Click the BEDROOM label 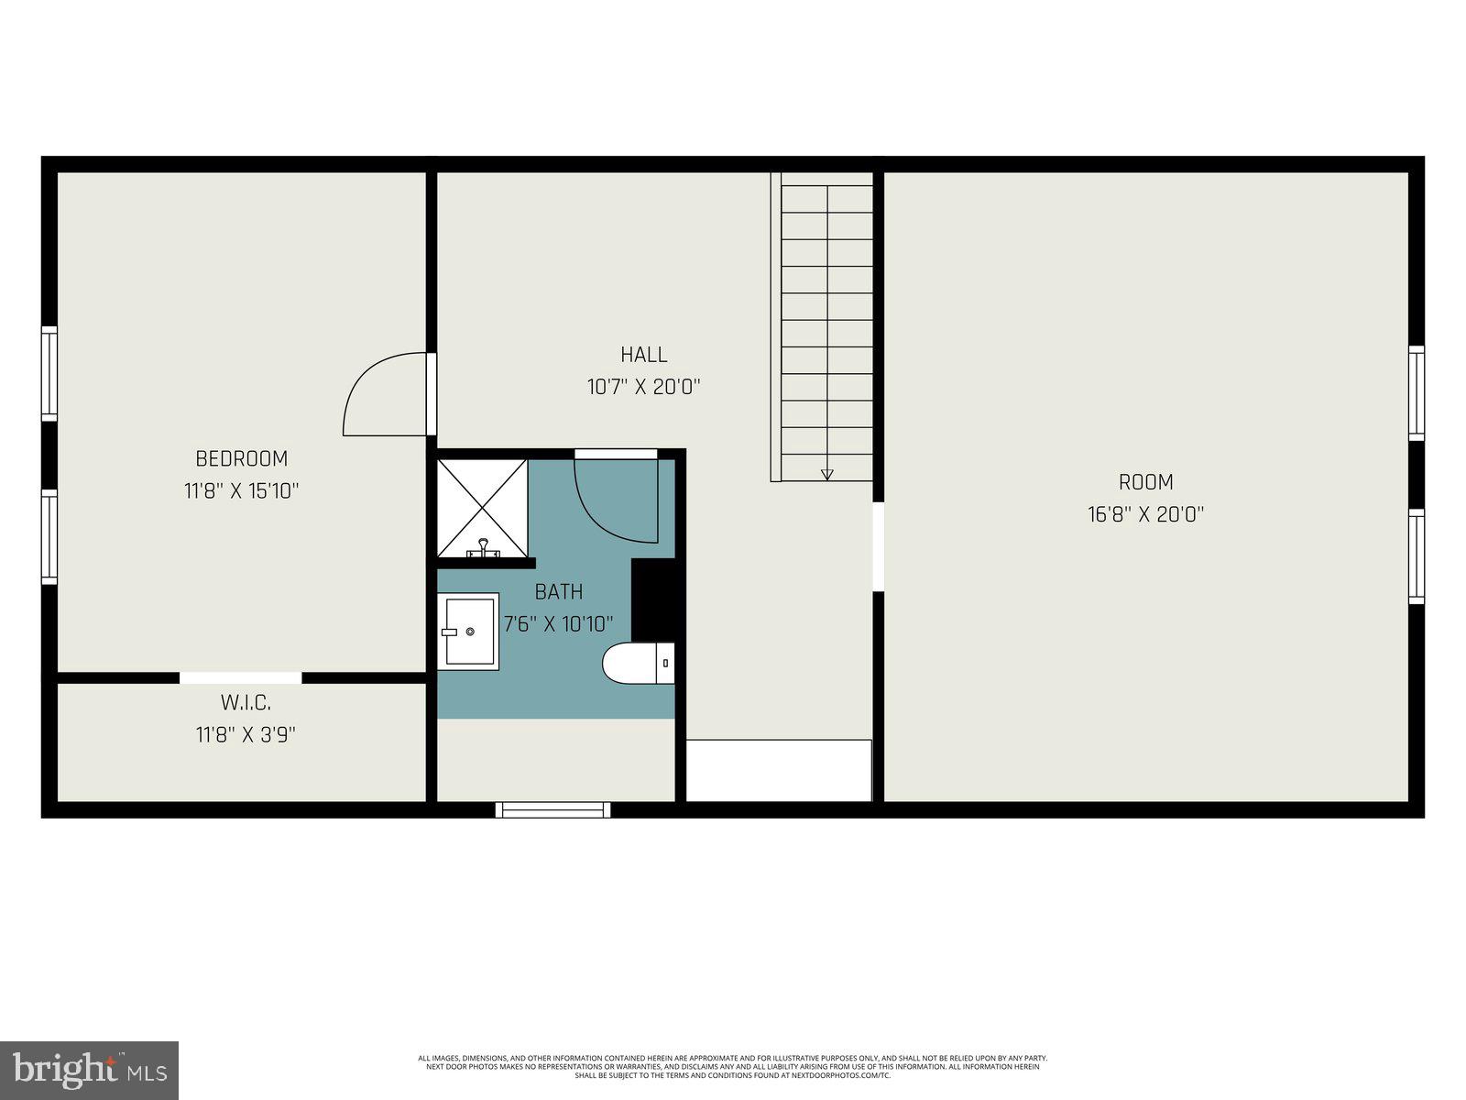pyautogui.click(x=241, y=458)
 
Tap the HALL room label pyautogui.click(x=643, y=354)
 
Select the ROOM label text pyautogui.click(x=1145, y=482)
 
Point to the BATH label pyautogui.click(x=559, y=592)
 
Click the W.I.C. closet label pyautogui.click(x=246, y=703)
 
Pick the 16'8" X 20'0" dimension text pyautogui.click(x=1145, y=514)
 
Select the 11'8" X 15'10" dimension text pyautogui.click(x=241, y=491)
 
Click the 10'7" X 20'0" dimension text pyautogui.click(x=643, y=387)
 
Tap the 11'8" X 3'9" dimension pyautogui.click(x=246, y=734)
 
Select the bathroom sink pyautogui.click(x=469, y=632)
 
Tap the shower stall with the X pyautogui.click(x=482, y=508)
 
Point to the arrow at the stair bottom pyautogui.click(x=827, y=474)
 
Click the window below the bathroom pyautogui.click(x=552, y=809)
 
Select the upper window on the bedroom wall pyautogui.click(x=49, y=373)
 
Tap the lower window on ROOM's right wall pyautogui.click(x=1417, y=556)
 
